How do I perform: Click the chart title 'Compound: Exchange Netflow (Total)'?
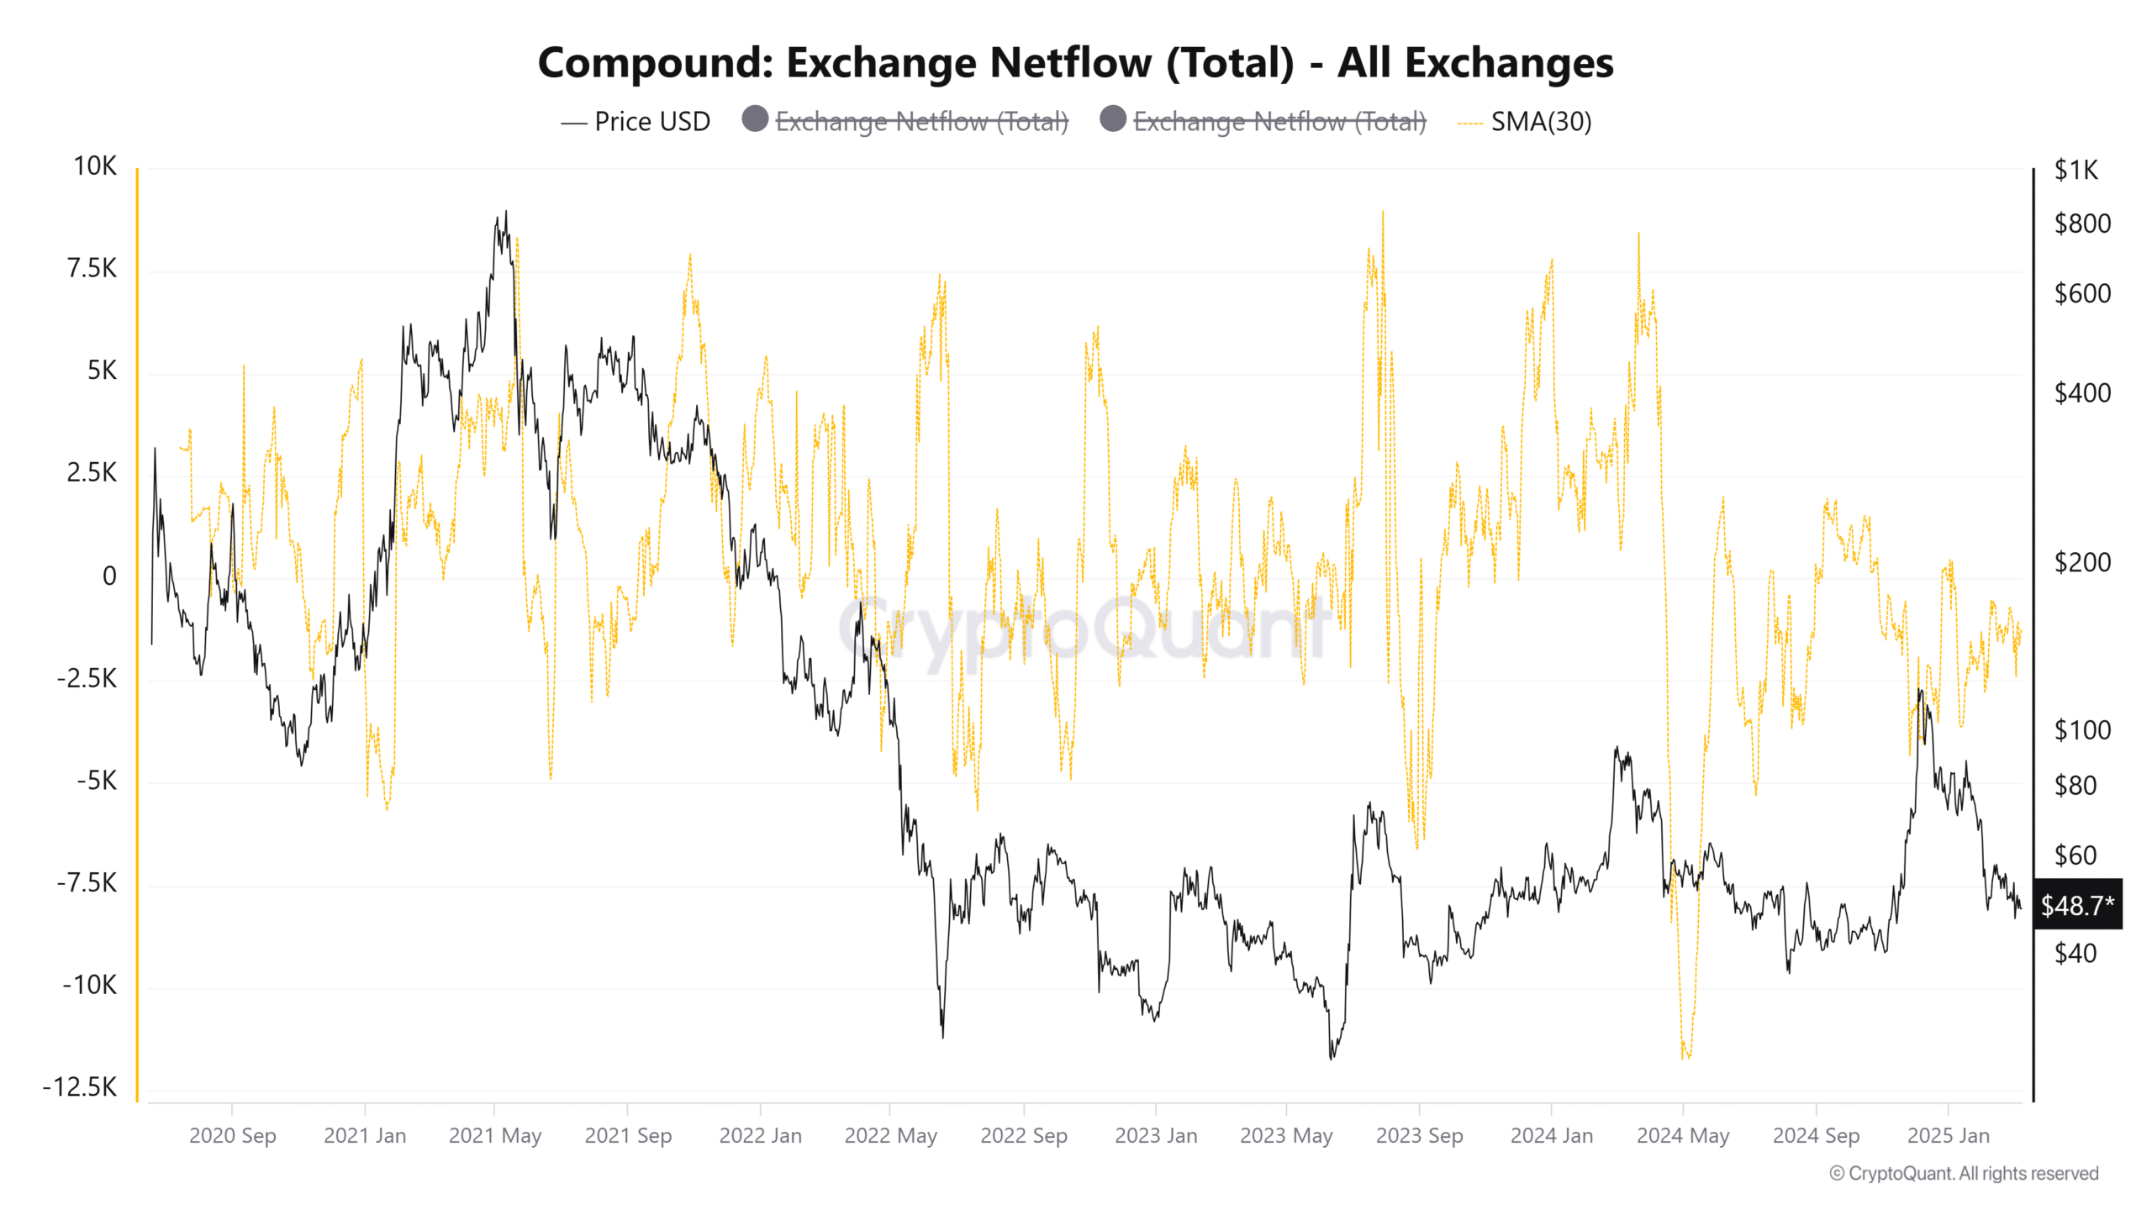pos(1075,63)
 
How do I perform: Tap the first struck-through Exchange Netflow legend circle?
pos(755,119)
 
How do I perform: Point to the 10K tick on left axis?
pos(95,166)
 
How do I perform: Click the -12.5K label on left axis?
pos(81,1087)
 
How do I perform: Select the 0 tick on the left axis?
pos(109,576)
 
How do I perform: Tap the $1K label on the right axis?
pos(2076,171)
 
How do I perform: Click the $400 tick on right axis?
pos(2081,393)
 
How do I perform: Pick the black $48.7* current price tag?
pos(2076,905)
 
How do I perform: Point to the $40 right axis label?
pos(2075,954)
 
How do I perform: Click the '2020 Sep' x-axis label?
pos(232,1136)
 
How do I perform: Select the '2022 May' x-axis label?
pos(890,1136)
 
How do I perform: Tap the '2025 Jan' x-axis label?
pos(1948,1136)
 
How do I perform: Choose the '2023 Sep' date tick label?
pos(1419,1136)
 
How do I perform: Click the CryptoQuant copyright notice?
pos(1964,1174)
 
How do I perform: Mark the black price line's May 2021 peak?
pos(505,211)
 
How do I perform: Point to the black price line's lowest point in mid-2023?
pos(1331,1058)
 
